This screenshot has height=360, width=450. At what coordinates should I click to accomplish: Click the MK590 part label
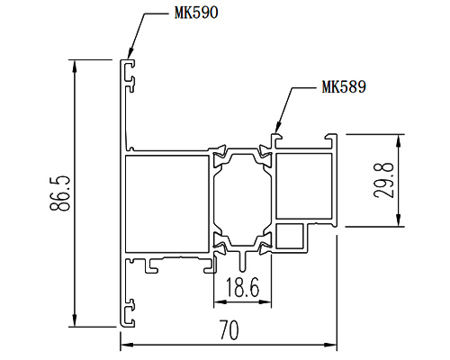pos(196,13)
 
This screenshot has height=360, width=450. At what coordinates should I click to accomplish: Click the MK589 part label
pos(344,86)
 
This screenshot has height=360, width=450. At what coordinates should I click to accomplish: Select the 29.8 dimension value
pos(383,180)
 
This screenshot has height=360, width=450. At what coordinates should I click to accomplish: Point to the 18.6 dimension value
pos(242,287)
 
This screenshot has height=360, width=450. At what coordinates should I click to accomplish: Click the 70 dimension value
pos(229,330)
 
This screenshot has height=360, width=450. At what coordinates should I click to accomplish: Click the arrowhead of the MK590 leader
pos(130,53)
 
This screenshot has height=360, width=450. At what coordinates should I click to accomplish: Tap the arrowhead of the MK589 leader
pos(277,127)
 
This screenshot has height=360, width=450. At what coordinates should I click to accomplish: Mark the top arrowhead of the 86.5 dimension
pos(75,66)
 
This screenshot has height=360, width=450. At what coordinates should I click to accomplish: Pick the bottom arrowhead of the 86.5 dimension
pos(75,321)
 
